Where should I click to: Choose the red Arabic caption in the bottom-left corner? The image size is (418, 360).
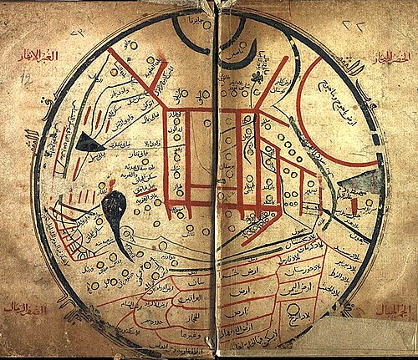(x=25, y=308)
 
